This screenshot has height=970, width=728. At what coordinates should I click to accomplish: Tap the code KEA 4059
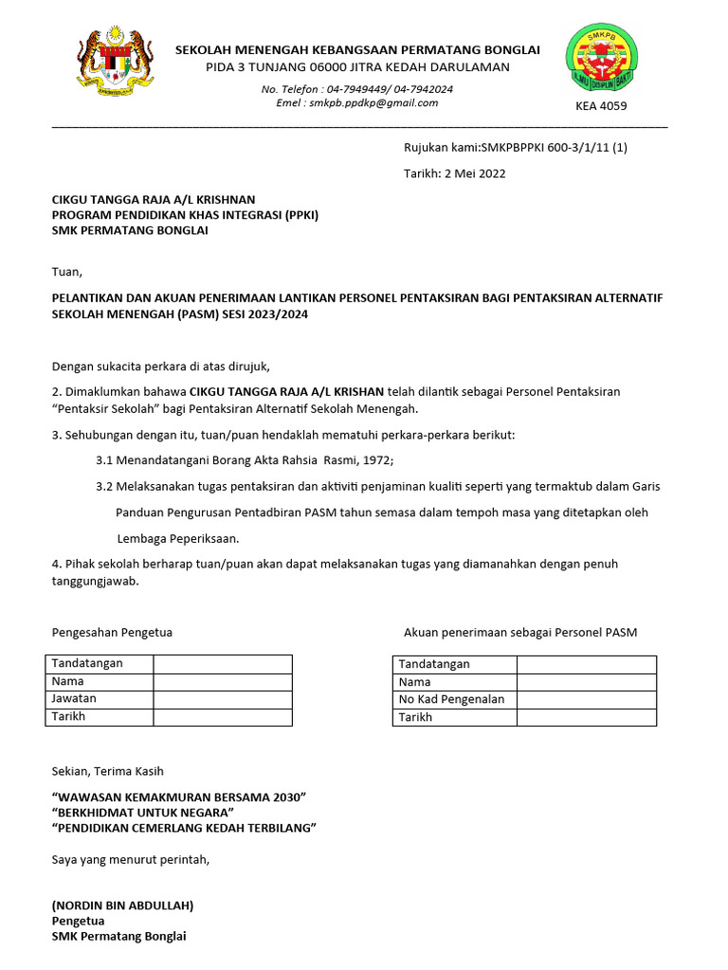click(x=601, y=106)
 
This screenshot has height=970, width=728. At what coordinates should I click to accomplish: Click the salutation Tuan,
click(x=66, y=272)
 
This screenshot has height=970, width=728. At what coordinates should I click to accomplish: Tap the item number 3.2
click(x=104, y=486)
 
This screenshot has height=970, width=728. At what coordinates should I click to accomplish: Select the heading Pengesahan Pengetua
click(x=112, y=632)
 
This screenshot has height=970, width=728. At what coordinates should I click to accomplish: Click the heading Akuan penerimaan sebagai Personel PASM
click(x=520, y=632)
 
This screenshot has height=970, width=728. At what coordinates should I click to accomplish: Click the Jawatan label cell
click(x=99, y=699)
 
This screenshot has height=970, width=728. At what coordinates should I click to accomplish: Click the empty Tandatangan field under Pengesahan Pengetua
click(x=222, y=663)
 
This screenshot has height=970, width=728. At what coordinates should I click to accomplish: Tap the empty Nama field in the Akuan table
click(x=585, y=682)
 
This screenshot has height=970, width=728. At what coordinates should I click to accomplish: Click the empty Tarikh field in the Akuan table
click(x=585, y=718)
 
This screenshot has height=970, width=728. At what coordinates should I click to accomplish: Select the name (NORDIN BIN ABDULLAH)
click(x=122, y=906)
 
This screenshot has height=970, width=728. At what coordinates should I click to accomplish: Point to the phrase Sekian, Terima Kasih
click(x=107, y=772)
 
